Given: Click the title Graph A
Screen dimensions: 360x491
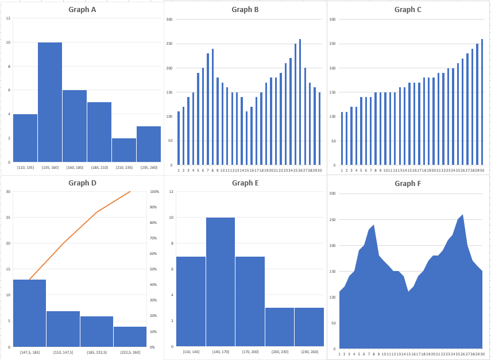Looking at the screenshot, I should [82, 9].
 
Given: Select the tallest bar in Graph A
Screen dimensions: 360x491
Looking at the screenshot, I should [50, 102].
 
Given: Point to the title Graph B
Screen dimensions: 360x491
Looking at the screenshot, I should [245, 9].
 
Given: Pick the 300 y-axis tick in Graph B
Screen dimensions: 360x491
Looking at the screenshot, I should [169, 20].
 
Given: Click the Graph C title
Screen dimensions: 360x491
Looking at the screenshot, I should [408, 9].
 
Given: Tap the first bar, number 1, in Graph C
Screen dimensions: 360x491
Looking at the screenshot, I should [342, 138].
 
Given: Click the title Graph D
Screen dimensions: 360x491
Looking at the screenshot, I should [82, 183].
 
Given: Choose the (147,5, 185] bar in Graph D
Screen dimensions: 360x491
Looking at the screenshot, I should [29, 313].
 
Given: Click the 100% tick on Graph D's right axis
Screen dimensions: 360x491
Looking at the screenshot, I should [154, 191].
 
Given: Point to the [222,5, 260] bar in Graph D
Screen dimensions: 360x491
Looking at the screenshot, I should [130, 336].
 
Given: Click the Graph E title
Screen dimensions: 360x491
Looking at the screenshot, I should [245, 183].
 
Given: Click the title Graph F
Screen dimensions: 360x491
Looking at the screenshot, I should [408, 184].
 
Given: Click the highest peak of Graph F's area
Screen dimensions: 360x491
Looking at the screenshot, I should [462, 215].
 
